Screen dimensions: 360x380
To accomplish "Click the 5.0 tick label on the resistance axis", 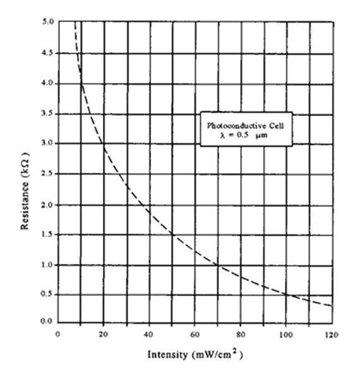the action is (x=48, y=22).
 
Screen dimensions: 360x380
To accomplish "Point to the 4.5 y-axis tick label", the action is (x=48, y=52).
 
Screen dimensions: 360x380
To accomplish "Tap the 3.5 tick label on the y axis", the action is (x=47, y=113).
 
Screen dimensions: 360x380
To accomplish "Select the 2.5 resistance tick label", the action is (x=47, y=174).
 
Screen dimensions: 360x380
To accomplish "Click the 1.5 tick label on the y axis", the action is (x=47, y=234).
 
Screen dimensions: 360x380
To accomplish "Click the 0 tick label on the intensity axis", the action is (x=57, y=335).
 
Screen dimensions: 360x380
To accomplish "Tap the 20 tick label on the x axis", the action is (x=104, y=335).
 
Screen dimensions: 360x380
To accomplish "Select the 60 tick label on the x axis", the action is (x=195, y=335).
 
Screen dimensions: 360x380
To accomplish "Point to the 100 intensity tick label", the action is (x=286, y=335).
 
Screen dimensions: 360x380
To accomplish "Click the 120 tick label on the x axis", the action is (x=332, y=335).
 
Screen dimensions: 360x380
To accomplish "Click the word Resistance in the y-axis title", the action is (x=25, y=206).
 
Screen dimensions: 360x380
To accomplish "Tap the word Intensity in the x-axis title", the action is (x=168, y=355).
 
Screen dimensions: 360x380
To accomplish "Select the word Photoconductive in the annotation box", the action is (x=233, y=126).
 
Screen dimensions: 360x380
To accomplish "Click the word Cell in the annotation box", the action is (x=275, y=126).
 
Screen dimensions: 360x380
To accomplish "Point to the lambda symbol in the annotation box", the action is (x=222, y=135).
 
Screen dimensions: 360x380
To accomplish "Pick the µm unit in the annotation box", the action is (x=261, y=135).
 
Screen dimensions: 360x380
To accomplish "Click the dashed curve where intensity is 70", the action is (x=218, y=265).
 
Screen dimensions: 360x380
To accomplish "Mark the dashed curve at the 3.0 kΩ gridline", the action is (x=104, y=144).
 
